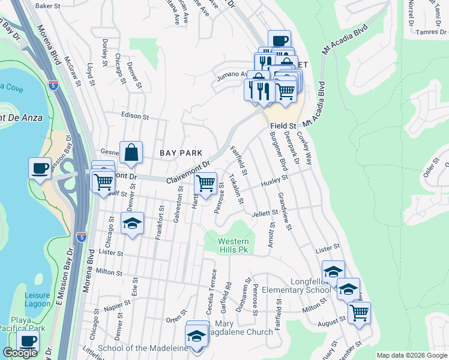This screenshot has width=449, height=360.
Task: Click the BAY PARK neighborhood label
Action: coord(181,153)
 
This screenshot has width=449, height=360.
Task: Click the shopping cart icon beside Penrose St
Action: coord(206,182)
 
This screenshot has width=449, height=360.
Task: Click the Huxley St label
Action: coord(274,179)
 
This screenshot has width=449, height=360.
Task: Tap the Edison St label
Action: coord(134,116)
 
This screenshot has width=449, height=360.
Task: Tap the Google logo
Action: coord(20,353)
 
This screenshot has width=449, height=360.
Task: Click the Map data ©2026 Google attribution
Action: coord(412,356)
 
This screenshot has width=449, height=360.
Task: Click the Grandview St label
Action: coord(285,211)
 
